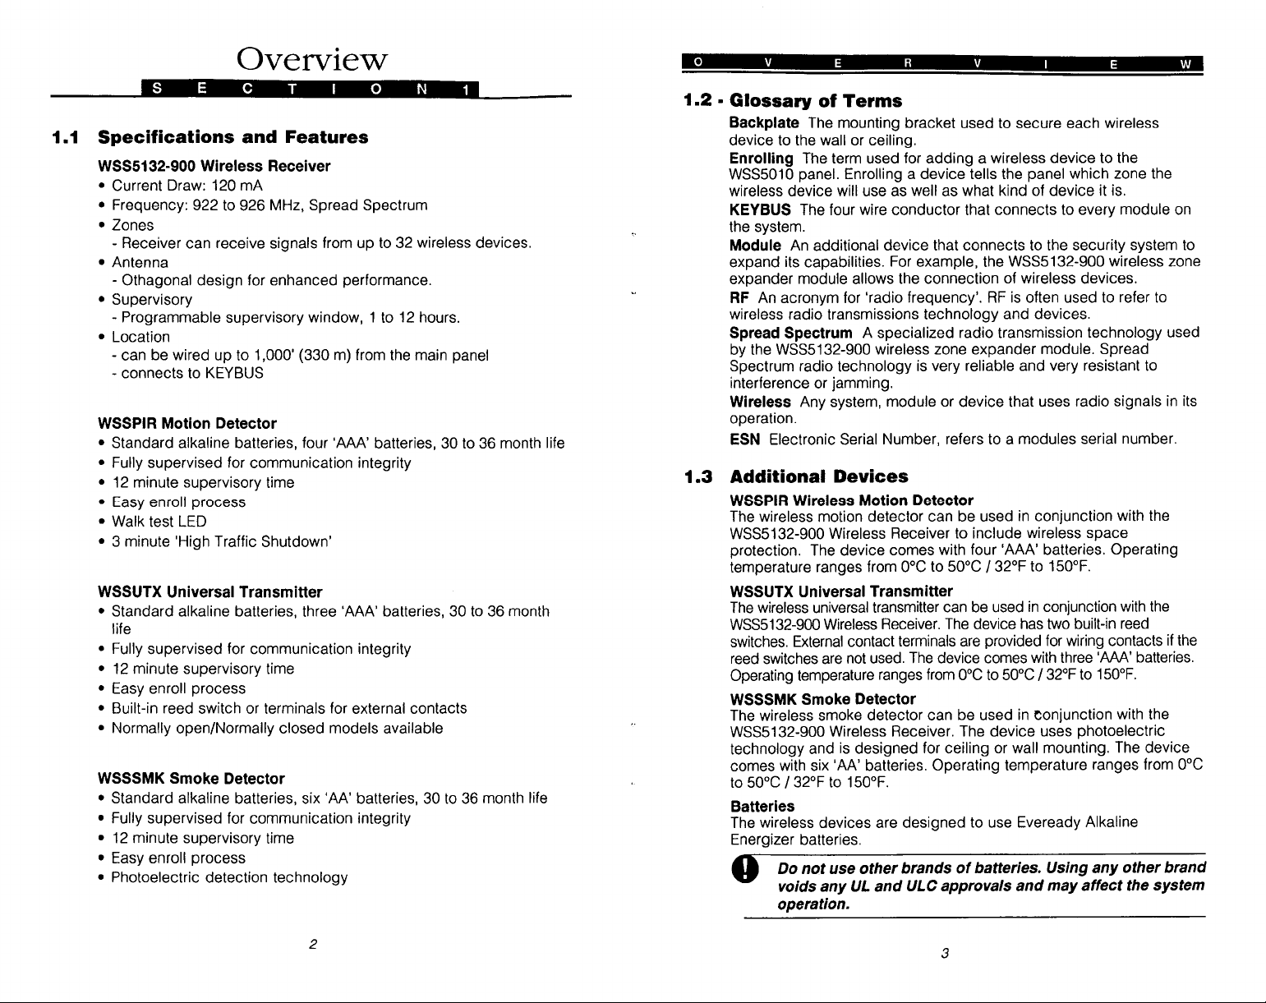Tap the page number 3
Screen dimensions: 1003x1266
point(946,953)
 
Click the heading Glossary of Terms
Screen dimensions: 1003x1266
point(816,101)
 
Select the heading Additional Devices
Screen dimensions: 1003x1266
point(819,476)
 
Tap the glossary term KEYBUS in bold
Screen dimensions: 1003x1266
point(760,209)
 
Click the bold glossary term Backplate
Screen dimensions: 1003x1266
point(764,123)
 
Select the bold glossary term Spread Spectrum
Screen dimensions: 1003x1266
point(790,333)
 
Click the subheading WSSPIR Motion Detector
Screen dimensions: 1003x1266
point(186,424)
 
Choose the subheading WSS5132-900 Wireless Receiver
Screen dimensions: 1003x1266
point(214,166)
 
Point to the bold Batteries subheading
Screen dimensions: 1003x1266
point(762,807)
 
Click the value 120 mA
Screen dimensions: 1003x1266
point(237,185)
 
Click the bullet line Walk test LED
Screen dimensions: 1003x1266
point(159,522)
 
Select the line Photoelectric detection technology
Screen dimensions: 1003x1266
point(229,877)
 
